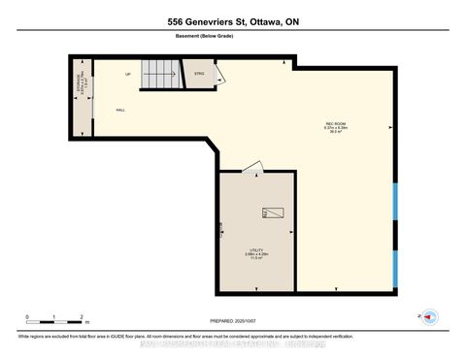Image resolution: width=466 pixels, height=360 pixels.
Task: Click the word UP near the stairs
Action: (x=127, y=75)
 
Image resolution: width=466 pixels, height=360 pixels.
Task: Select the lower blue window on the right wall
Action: (x=395, y=268)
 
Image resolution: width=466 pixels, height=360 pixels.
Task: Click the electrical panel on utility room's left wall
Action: (x=221, y=229)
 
